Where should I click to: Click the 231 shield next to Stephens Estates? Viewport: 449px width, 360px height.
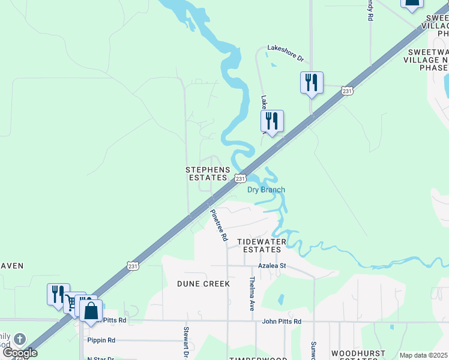click(240, 178)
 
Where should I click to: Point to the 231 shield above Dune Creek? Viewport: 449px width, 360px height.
click(133, 265)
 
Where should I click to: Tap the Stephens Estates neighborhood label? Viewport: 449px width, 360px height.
click(208, 174)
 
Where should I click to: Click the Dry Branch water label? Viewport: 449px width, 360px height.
click(266, 190)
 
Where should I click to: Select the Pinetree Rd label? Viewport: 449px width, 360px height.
click(218, 225)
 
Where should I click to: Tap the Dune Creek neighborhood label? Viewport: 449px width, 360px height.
click(203, 283)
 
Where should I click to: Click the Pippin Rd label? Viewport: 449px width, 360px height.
click(101, 340)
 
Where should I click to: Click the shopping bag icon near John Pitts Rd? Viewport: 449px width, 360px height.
click(91, 311)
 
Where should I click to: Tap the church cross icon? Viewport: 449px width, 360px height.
click(19, 339)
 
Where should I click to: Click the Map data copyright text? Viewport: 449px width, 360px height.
click(424, 355)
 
